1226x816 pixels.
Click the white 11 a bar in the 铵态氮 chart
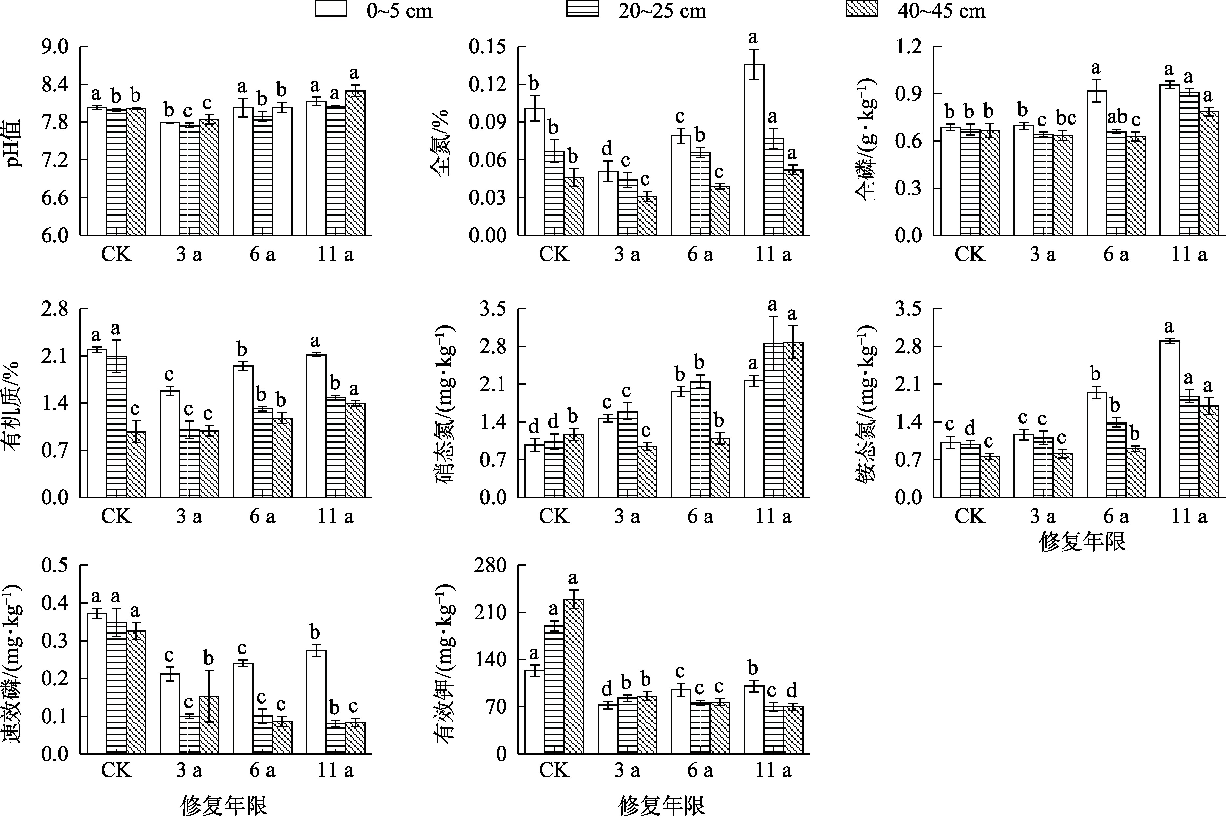(1169, 419)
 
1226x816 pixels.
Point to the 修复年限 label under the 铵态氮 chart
(1082, 542)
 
